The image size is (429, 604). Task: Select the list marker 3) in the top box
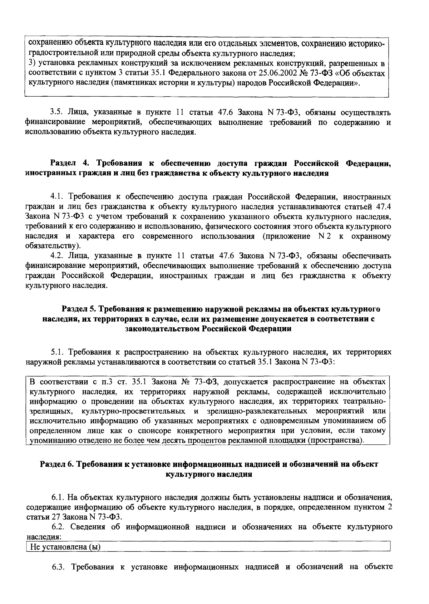32,64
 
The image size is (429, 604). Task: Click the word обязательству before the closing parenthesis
50,246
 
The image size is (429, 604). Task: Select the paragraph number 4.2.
57,256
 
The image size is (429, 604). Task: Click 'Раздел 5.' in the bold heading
79,309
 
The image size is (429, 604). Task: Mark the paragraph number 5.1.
57,352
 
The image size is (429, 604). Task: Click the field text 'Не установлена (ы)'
65,547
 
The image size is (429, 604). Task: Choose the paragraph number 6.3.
58,567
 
